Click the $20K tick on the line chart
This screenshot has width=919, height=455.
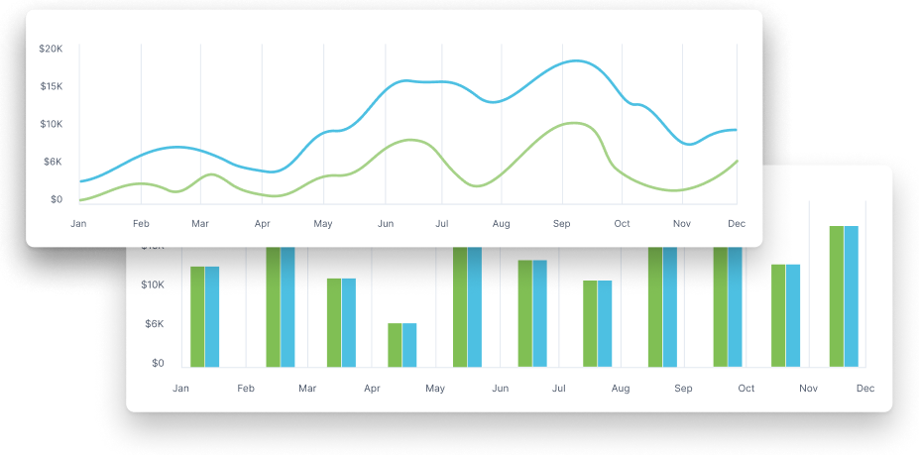(x=51, y=49)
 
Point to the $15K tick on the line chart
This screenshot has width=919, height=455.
(x=51, y=86)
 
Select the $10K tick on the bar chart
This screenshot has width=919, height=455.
(x=152, y=284)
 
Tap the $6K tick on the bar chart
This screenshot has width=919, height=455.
(x=154, y=323)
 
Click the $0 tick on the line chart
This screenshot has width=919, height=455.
(x=57, y=199)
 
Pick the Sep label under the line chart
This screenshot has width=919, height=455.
(x=562, y=224)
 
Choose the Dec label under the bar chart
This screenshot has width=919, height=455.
(x=865, y=388)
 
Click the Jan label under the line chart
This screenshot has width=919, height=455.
(x=78, y=224)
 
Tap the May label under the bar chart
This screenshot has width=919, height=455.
(x=435, y=388)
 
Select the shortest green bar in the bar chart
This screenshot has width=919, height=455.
(x=395, y=344)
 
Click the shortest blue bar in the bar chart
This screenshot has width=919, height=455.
(x=409, y=344)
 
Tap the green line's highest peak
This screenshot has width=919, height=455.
(x=573, y=123)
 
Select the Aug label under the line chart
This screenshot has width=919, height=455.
(x=501, y=224)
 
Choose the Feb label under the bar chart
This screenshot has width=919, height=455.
(x=246, y=388)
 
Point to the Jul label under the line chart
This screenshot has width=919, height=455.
(x=442, y=224)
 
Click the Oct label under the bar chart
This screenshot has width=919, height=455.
(x=746, y=388)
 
